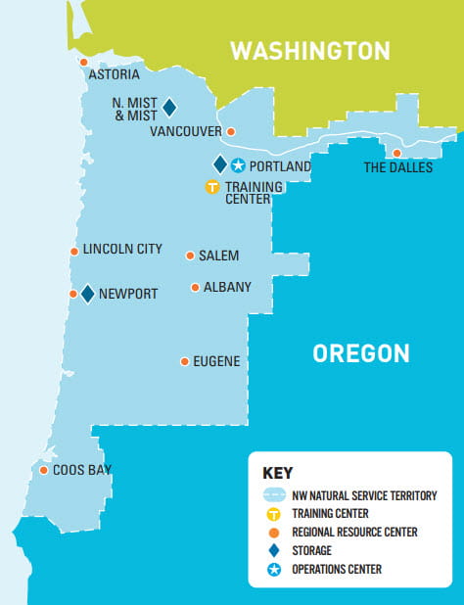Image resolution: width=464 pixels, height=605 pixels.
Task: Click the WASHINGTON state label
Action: point(309,51)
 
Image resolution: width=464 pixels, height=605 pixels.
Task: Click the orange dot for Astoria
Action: point(83,62)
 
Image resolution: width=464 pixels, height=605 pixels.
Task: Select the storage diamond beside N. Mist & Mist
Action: point(168,107)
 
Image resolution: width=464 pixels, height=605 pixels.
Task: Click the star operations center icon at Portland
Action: point(237,165)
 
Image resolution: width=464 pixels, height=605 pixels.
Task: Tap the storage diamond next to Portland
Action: point(220,164)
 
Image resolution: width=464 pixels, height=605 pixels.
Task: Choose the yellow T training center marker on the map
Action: point(211,187)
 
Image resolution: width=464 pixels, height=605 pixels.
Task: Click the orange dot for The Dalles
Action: point(396,153)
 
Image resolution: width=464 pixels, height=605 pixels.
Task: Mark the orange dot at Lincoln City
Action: point(73,252)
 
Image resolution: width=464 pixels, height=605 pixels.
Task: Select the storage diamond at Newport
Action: point(87,294)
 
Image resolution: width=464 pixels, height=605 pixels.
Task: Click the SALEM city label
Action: point(218,256)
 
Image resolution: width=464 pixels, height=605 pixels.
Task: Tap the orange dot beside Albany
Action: point(195,288)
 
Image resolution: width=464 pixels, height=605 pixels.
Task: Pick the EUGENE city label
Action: point(216,361)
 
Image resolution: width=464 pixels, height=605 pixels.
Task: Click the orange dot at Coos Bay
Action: point(44,471)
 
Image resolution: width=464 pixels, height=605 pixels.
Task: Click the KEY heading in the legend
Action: point(278,473)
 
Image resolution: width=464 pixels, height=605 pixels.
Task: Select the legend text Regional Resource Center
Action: point(354,532)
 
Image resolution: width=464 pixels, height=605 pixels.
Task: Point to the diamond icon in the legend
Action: point(274,550)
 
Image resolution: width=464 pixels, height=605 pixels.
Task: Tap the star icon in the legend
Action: point(274,569)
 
